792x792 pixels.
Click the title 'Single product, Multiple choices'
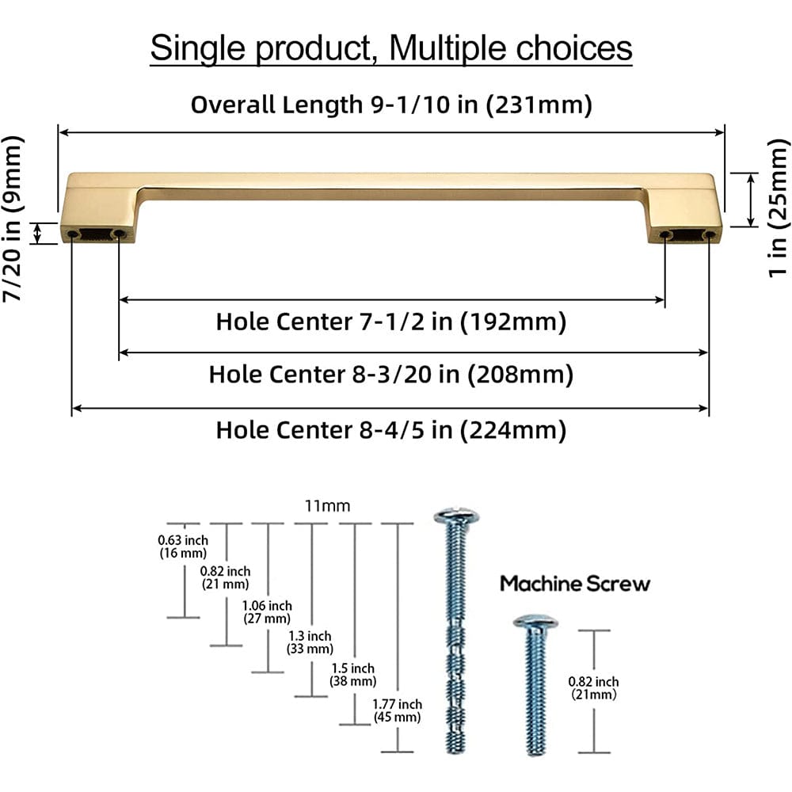click(391, 48)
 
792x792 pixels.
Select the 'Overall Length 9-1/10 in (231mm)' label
click(391, 105)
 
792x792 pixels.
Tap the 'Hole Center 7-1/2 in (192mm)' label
click(391, 322)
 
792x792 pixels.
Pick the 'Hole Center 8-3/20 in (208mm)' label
click(391, 373)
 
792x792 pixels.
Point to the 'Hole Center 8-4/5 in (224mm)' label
click(391, 430)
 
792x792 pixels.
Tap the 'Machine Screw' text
click(575, 584)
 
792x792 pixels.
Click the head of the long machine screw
click(457, 517)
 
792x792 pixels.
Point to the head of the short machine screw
click(535, 622)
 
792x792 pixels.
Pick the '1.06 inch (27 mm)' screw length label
click(266, 612)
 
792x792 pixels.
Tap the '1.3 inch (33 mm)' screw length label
click(309, 642)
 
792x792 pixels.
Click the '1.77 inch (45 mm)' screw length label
click(398, 710)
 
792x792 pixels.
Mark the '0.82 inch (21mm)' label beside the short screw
click(594, 687)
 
